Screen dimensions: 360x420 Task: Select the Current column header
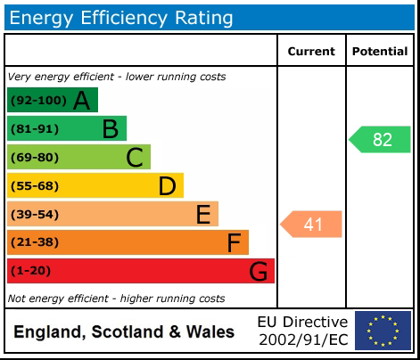coord(311,52)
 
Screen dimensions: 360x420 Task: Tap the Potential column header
coord(380,52)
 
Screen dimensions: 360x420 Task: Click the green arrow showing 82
coord(381,140)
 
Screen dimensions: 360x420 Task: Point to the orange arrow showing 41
coord(312,225)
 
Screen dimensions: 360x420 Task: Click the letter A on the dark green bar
coord(81,101)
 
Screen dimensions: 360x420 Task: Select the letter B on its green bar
coord(110,129)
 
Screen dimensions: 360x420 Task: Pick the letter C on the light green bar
coord(135,158)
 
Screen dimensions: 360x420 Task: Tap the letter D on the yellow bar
coord(167,186)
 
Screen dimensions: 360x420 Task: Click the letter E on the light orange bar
coord(203,215)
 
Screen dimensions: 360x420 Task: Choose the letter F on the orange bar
coord(234,242)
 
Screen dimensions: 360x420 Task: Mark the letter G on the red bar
coord(258,271)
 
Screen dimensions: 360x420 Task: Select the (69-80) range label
coord(34,158)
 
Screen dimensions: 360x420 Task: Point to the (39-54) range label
coord(34,215)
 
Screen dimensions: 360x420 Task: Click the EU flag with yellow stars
coord(383,331)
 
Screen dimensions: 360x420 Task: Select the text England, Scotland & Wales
coord(124,332)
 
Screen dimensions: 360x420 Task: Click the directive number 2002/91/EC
coord(303,340)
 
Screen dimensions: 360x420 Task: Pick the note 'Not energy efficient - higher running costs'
coord(116,299)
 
